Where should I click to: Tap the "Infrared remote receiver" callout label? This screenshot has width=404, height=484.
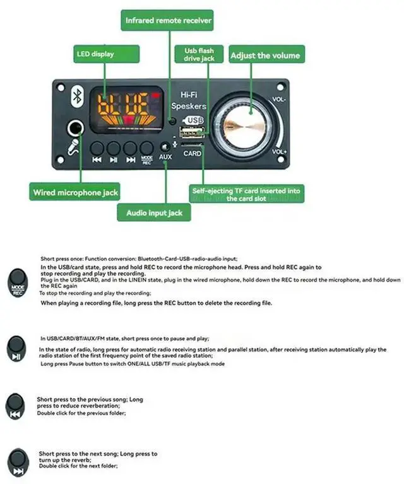tap(167, 21)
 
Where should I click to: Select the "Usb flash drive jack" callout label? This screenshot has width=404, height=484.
tap(199, 54)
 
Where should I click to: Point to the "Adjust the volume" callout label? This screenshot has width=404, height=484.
tap(265, 55)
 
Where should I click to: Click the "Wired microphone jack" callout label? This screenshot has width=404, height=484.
tap(75, 192)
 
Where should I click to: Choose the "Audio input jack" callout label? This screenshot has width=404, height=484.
tap(154, 212)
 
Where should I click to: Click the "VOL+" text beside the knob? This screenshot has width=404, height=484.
tap(280, 152)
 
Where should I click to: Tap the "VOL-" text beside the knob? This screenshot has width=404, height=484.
tap(280, 100)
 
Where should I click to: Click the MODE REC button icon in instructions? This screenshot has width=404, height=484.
tap(18, 282)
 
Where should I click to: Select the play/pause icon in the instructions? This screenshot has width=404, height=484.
tap(17, 348)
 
